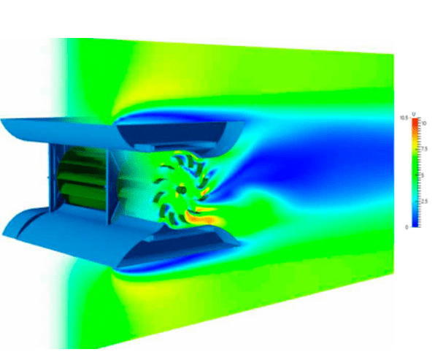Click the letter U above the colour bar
point(414,113)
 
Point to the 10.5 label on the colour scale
point(403,118)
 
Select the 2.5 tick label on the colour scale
point(422,199)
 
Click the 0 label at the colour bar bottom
point(406,227)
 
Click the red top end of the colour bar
point(414,121)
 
